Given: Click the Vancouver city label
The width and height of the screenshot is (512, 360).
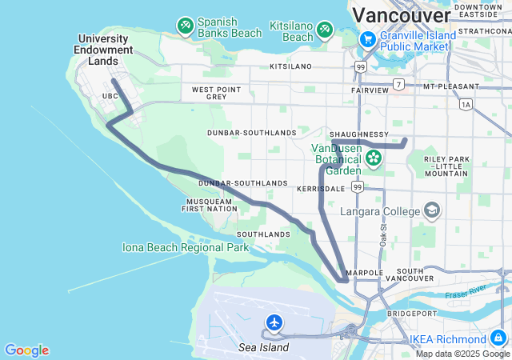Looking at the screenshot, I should (401, 15).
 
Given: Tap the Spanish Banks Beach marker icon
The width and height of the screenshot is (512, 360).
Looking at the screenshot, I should (185, 26).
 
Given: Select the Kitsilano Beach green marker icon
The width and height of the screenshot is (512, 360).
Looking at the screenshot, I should (326, 30).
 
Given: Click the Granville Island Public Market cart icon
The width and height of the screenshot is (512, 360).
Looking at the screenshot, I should (368, 39).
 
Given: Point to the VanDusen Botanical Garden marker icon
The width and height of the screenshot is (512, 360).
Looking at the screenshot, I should (373, 158).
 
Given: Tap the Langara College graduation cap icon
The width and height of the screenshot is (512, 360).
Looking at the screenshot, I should (432, 210).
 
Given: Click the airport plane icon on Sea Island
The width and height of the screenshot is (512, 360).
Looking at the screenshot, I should (274, 322).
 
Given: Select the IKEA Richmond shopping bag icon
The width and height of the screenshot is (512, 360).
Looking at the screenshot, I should (499, 338).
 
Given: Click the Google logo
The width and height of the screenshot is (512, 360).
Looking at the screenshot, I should (26, 350).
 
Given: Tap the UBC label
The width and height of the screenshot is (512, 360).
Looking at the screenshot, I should (110, 96).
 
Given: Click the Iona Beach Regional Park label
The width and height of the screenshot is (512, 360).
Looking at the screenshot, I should (186, 248).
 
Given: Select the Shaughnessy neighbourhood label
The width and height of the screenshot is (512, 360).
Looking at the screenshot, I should (360, 134).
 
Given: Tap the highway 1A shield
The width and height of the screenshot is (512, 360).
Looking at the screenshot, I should (466, 104).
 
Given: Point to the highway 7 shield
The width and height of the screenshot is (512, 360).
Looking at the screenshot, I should (398, 84).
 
